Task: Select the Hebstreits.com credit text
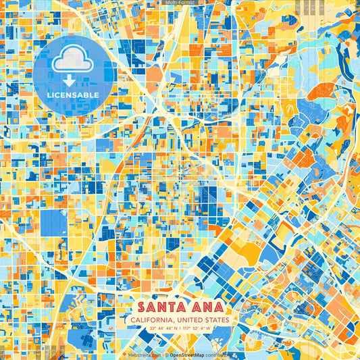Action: [x=143, y=354]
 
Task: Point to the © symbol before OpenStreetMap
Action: [x=166, y=354]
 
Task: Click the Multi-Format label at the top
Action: [x=180, y=3]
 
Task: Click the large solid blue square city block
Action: [x=54, y=223]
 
